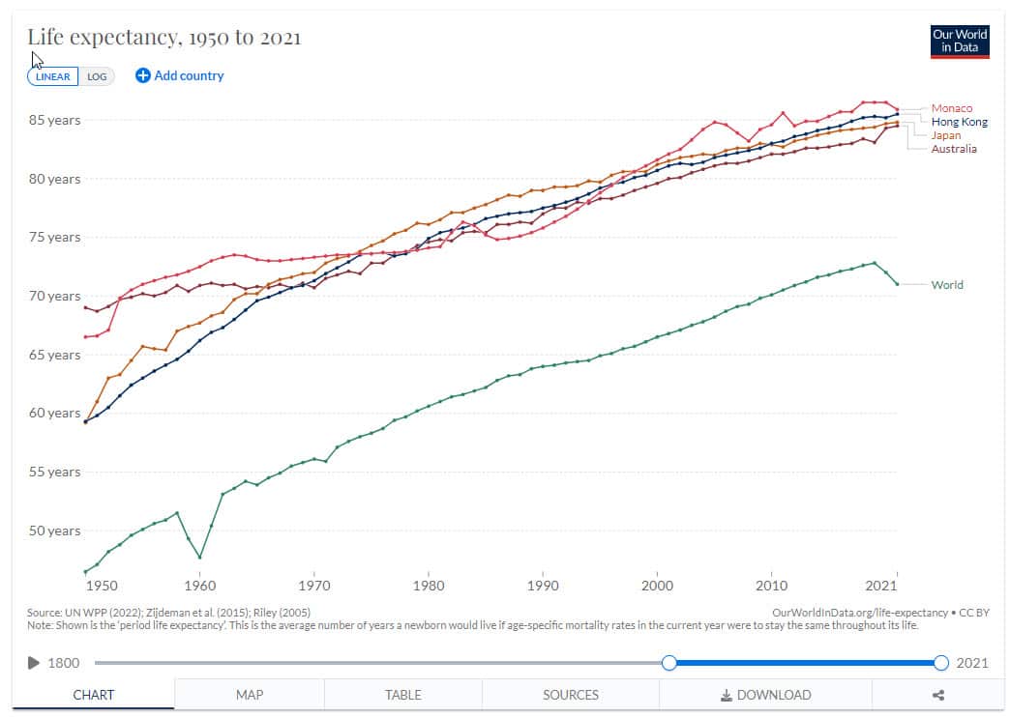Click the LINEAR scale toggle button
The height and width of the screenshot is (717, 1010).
53,76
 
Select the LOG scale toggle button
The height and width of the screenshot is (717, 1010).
97,76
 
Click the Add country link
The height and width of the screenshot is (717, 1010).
180,75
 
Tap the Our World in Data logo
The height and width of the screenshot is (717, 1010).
959,42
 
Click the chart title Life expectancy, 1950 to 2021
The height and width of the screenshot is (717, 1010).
163,38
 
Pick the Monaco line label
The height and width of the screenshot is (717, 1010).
951,108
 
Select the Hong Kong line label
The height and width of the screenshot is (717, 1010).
959,122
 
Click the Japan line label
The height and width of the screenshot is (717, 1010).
946,135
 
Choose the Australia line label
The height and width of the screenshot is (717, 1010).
953,149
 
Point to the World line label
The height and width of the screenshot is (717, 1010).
946,285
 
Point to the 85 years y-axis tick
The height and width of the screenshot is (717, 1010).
54,121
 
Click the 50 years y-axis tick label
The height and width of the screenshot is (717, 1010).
54,531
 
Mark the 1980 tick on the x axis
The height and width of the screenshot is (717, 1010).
429,586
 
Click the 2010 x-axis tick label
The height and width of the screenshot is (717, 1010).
771,586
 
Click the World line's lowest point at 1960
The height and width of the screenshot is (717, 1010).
200,558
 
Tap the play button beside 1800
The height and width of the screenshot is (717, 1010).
34,663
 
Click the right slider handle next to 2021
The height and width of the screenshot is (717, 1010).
941,663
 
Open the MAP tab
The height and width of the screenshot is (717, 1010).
250,695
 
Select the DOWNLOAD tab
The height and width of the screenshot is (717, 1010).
765,695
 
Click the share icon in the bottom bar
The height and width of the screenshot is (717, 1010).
937,695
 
